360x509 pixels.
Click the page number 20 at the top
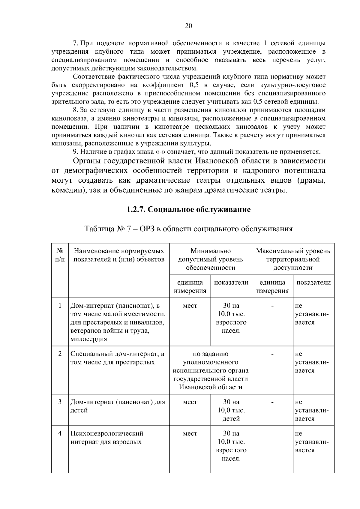tap(188, 26)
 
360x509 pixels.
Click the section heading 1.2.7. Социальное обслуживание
tap(188, 209)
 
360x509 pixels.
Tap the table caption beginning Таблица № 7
tap(188, 229)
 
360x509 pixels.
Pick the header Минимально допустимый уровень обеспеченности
tap(211, 259)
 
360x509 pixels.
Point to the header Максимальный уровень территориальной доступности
tap(293, 259)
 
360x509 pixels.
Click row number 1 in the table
tap(60, 306)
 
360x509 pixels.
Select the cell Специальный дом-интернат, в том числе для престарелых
tap(117, 358)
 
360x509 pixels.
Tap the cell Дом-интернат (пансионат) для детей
tap(118, 406)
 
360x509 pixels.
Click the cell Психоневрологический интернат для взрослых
tap(107, 437)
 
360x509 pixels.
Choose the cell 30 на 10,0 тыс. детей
tap(231, 410)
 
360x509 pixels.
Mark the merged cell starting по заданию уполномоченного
tap(211, 370)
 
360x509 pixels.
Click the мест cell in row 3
tap(190, 402)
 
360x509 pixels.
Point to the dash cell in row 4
tap(272, 433)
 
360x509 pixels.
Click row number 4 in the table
tap(60, 433)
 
